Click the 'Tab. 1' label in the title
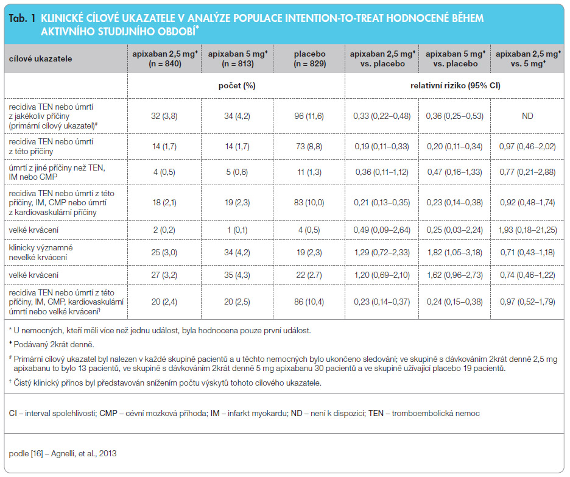tap(22, 18)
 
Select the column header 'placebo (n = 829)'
tap(310, 59)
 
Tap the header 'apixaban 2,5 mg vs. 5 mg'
tap(528, 59)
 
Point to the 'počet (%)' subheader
tap(237, 86)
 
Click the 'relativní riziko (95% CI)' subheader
tap(455, 86)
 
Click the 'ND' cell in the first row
tap(527, 116)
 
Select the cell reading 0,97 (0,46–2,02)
tap(527, 147)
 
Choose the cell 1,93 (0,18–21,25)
tap(527, 230)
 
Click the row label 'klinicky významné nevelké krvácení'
tap(41, 252)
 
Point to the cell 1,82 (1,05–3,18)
tap(455, 252)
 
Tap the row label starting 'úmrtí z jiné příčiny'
tap(57, 172)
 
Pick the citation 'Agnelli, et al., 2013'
tap(83, 453)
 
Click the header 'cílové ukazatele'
tap(40, 59)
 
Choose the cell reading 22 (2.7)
tap(309, 275)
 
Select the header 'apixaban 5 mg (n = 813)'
tap(237, 59)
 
